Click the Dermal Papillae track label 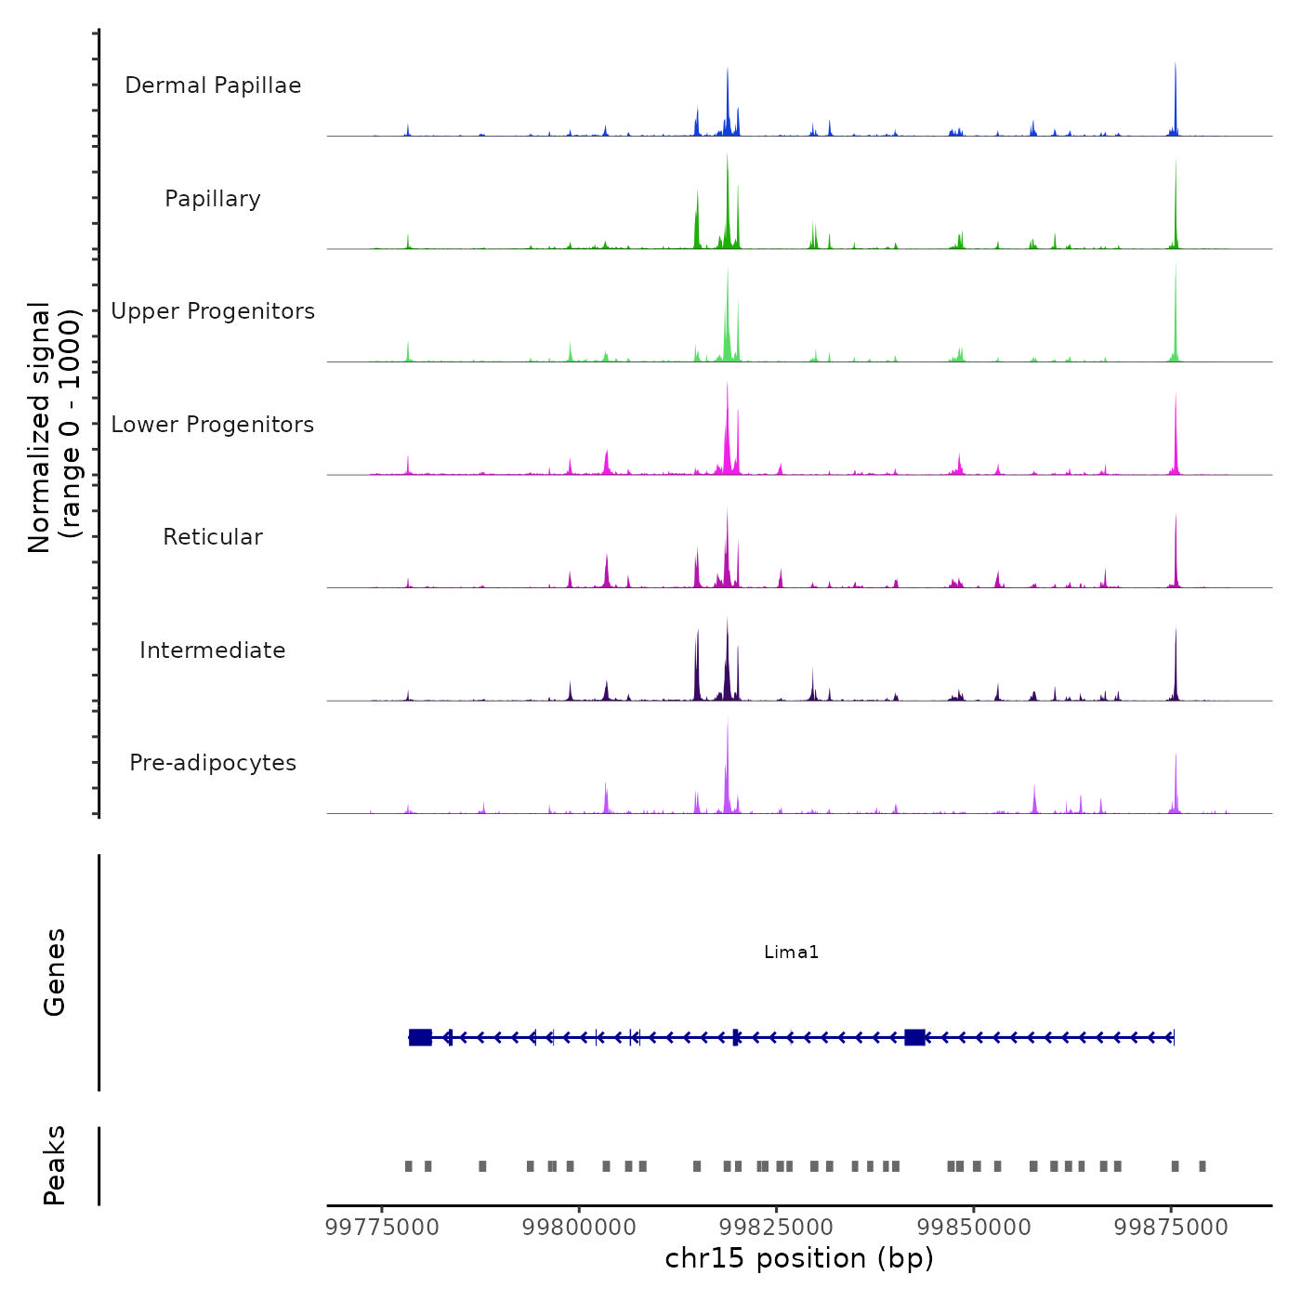[x=213, y=85]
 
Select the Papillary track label [x=213, y=199]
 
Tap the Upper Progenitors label [x=213, y=311]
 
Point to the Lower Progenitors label [x=213, y=425]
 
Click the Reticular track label [x=213, y=537]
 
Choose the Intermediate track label [x=213, y=650]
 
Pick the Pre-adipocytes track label [x=213, y=763]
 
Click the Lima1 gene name [x=791, y=952]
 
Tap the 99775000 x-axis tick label [x=382, y=1228]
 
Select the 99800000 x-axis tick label [x=579, y=1228]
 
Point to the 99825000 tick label [x=777, y=1228]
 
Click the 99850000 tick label [x=974, y=1228]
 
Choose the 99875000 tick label [x=1171, y=1228]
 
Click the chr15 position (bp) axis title [x=799, y=1259]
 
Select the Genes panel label [x=55, y=972]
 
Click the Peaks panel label [x=55, y=1165]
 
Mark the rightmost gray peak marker [x=1202, y=1166]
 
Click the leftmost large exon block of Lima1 [x=420, y=1037]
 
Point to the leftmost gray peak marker [x=408, y=1166]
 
